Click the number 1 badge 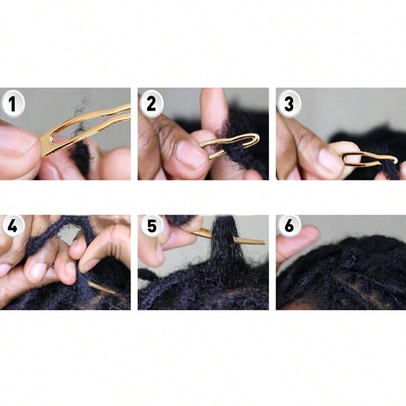(13, 104)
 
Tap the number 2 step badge (151, 104)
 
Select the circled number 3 (289, 104)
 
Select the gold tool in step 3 (369, 159)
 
